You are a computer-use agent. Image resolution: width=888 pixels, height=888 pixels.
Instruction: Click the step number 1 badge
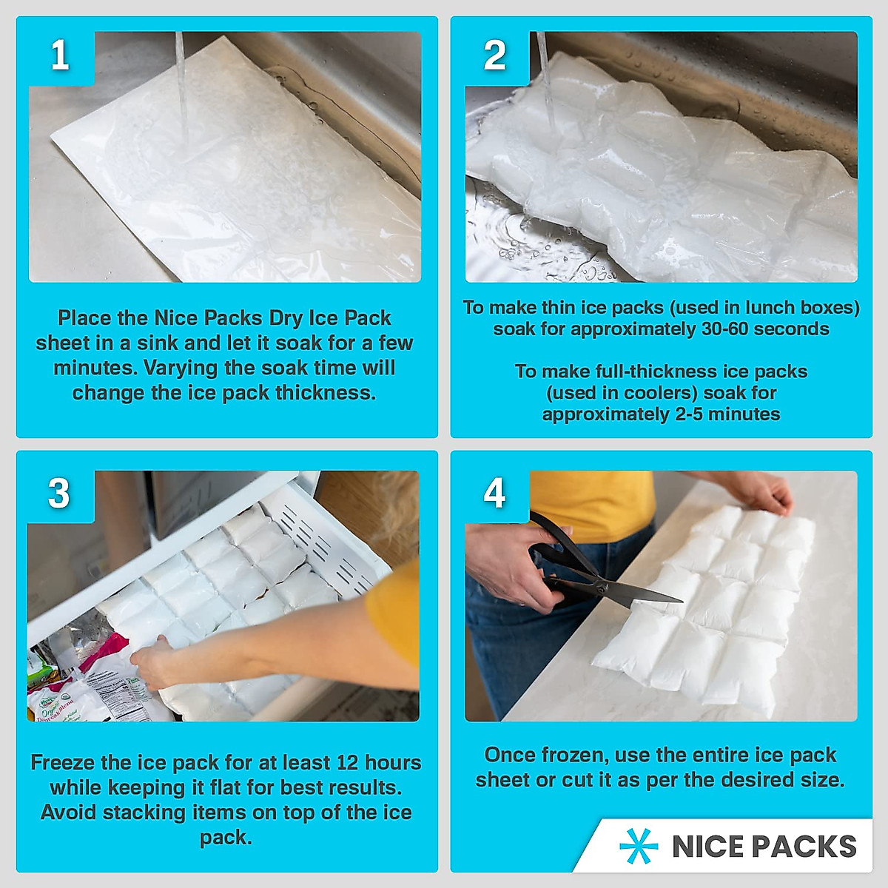point(60,55)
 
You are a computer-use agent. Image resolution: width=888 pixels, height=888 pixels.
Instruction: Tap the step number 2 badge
point(494,55)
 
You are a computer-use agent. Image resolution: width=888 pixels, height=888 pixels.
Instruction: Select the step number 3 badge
point(59,494)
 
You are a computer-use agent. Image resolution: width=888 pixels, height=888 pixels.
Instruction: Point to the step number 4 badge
point(494,494)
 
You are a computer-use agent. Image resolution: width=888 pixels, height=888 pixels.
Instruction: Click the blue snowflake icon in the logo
point(639,846)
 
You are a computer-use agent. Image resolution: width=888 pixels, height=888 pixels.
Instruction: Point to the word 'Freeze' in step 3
point(63,763)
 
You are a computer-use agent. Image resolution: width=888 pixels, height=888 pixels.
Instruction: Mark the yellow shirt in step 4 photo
point(592,503)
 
